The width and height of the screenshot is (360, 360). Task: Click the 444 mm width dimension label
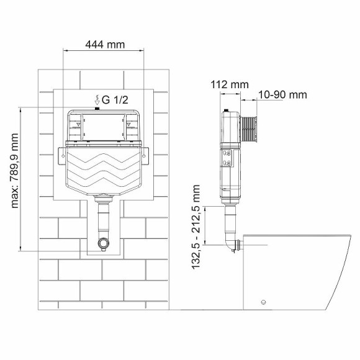pos(104,44)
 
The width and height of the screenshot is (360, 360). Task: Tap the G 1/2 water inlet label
pos(115,99)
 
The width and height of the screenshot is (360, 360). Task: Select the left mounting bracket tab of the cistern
pos(63,152)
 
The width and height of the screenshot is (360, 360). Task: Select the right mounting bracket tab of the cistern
pos(146,152)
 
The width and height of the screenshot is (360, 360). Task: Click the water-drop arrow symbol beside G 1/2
pos(96,99)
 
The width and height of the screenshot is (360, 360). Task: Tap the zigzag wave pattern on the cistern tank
pos(104,171)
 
